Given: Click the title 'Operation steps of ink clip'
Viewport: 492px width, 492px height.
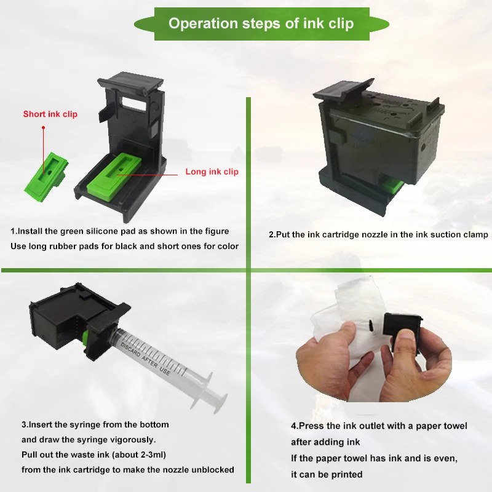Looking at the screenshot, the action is click(261, 23).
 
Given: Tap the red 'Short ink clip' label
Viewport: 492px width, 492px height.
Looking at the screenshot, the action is click(50, 114).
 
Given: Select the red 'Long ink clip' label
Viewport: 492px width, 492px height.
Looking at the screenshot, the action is click(212, 172).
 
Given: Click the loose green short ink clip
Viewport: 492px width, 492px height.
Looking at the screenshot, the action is click(46, 176).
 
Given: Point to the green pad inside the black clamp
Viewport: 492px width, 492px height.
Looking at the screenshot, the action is click(114, 177).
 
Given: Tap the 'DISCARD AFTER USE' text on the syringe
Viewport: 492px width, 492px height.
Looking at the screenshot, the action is click(145, 359).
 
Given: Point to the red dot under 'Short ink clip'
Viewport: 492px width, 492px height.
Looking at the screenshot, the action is click(43, 128).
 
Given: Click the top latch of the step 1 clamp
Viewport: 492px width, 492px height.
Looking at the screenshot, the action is click(130, 82).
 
